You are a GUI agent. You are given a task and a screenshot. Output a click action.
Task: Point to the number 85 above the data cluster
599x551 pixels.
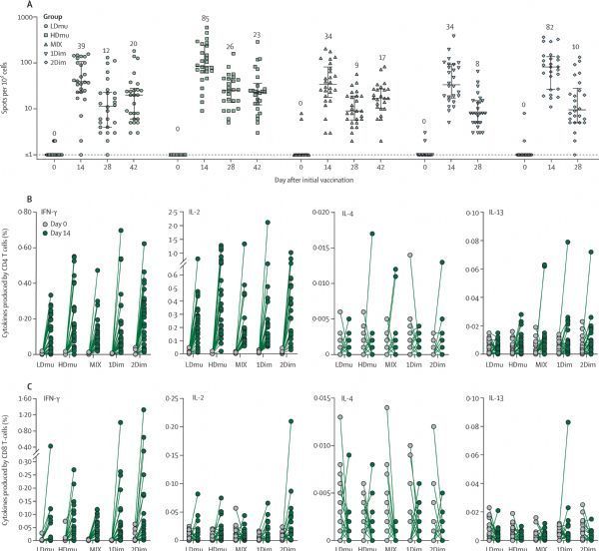click(x=204, y=18)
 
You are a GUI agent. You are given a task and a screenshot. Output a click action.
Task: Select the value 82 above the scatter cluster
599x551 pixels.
click(x=548, y=27)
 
